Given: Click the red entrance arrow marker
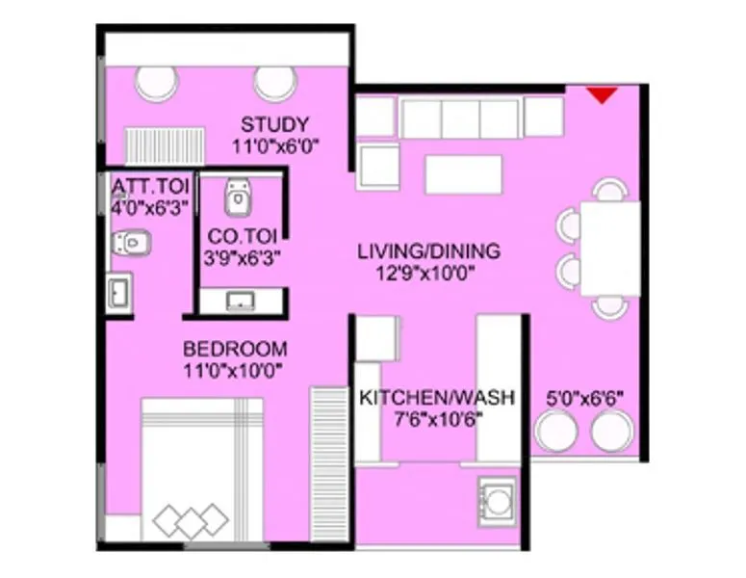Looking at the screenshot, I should (x=603, y=94).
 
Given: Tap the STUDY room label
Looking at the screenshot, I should (x=275, y=124).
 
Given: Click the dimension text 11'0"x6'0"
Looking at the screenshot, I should (x=275, y=146).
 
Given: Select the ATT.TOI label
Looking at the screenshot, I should (x=151, y=185).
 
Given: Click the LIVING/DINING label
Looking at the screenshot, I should (x=428, y=251).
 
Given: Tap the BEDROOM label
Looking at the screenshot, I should (x=235, y=349).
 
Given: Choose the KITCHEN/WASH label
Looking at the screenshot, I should (x=437, y=397).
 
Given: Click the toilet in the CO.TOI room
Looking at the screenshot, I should (x=238, y=197).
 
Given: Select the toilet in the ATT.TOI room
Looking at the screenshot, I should (x=130, y=243).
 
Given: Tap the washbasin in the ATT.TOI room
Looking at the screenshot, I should (x=119, y=291).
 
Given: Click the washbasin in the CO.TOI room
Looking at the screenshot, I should (x=240, y=302).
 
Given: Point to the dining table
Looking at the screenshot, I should (x=610, y=248).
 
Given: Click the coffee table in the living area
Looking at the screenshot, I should (x=464, y=174).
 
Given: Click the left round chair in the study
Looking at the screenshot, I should (x=158, y=83).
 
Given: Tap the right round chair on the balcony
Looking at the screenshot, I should (x=612, y=431).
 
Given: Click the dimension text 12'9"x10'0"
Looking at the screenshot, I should (x=425, y=273).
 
